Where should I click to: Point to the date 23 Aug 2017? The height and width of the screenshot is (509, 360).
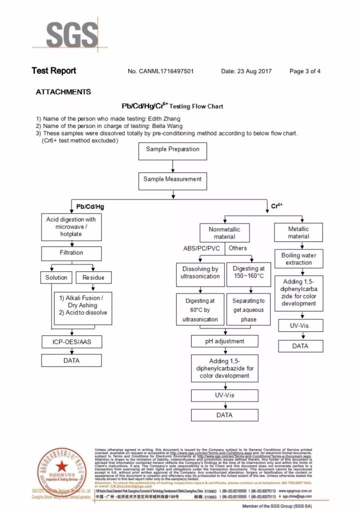point(254,71)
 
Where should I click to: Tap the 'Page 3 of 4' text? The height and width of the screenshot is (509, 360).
point(305,71)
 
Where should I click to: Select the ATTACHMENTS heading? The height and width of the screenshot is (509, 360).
point(63,92)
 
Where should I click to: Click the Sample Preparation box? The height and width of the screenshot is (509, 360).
point(172,149)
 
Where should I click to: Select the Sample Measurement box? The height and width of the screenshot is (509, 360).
point(172,179)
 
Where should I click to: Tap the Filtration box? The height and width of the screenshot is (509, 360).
point(71,253)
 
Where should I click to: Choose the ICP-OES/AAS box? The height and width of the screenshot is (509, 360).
point(71,342)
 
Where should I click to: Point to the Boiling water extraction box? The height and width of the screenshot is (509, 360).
point(298,259)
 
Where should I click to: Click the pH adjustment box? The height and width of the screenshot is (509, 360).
point(224,341)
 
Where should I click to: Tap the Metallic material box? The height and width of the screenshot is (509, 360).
point(298,232)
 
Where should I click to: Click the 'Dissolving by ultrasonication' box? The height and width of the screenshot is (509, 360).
point(200,273)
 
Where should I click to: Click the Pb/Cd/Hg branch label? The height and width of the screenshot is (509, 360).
point(90,206)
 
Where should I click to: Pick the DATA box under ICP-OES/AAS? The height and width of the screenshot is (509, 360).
point(71,360)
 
